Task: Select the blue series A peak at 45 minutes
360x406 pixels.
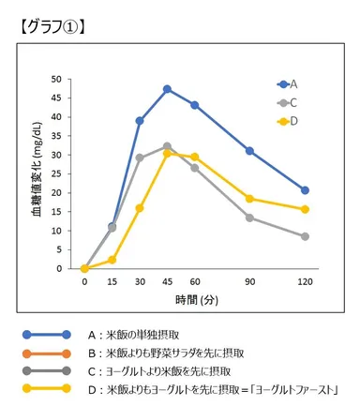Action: (x=167, y=89)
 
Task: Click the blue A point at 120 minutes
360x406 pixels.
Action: (x=306, y=190)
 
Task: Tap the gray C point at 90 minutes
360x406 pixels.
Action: (x=250, y=218)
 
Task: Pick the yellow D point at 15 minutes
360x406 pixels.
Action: (x=112, y=260)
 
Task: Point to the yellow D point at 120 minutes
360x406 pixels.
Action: (x=306, y=209)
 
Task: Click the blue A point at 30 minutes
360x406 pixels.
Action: (x=140, y=121)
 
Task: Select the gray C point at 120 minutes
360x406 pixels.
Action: (x=306, y=236)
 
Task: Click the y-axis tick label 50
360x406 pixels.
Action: (x=68, y=79)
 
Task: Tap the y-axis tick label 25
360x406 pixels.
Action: (x=68, y=173)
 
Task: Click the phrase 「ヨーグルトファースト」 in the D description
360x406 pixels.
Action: (x=300, y=388)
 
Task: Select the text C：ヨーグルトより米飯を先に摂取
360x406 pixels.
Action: (x=173, y=370)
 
